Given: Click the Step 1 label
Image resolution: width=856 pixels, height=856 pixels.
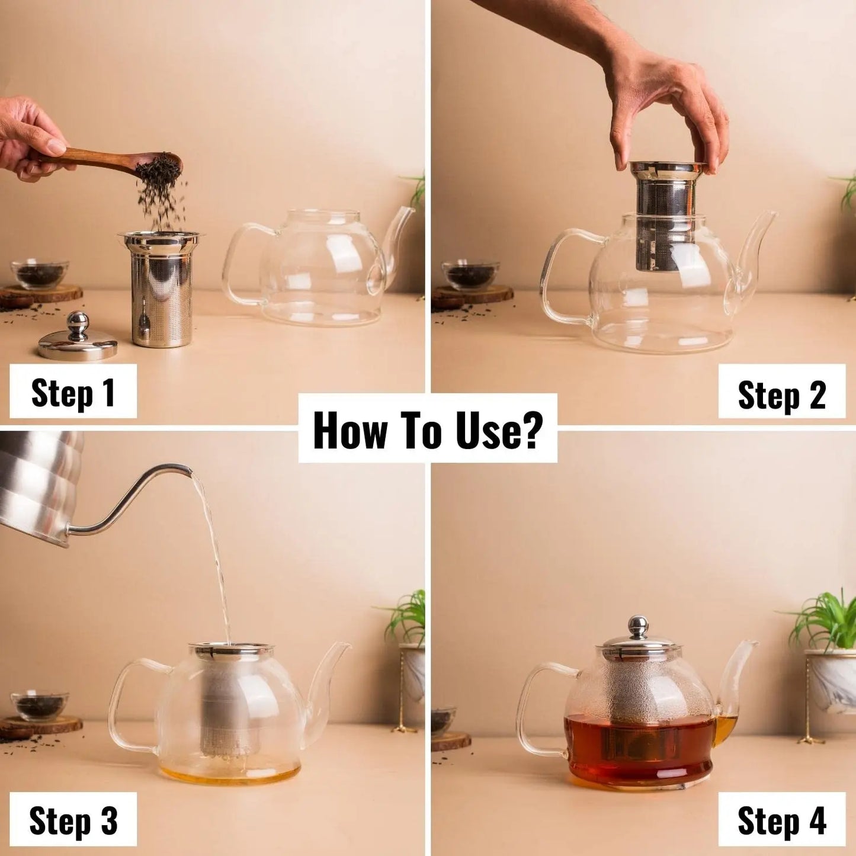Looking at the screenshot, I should pyautogui.click(x=73, y=392).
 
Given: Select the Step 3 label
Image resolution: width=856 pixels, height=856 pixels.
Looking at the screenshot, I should pyautogui.click(x=73, y=820).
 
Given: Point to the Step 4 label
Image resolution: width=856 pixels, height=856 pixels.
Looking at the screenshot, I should pyautogui.click(x=781, y=821).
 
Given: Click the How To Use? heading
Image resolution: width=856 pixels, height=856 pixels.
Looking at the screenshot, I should pyautogui.click(x=427, y=430).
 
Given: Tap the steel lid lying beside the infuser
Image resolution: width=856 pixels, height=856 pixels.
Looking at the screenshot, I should pyautogui.click(x=78, y=341).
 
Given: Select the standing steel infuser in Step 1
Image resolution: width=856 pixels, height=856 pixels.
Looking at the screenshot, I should pyautogui.click(x=161, y=290).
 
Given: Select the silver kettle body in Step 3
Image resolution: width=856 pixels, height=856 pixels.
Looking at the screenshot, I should pyautogui.click(x=36, y=480).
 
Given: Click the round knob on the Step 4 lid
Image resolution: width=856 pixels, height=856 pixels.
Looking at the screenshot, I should pyautogui.click(x=637, y=626).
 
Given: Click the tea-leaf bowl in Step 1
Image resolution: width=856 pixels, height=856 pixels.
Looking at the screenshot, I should pyautogui.click(x=40, y=274).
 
